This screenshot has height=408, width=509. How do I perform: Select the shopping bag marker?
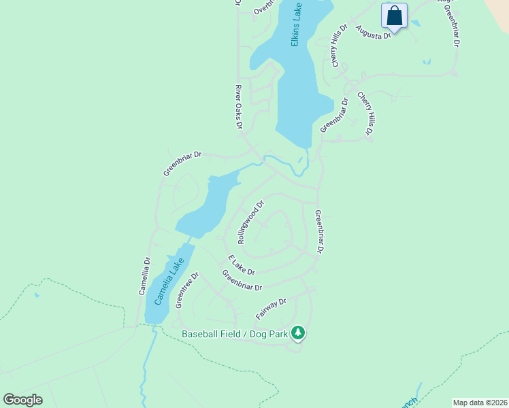394,16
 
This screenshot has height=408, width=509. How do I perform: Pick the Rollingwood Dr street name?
250,222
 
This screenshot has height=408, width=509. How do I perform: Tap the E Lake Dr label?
242,265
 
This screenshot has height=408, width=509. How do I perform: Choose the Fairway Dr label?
272,309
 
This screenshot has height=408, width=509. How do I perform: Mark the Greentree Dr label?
186,290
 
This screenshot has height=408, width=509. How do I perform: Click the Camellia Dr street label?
144,275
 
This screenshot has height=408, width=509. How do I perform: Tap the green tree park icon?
297,333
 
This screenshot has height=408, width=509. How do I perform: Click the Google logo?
22,399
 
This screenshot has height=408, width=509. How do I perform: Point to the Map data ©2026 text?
479,403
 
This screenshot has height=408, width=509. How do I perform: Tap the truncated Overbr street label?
263,7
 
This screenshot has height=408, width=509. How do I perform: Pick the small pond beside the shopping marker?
415,23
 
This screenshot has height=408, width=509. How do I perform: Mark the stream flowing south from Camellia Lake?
144,367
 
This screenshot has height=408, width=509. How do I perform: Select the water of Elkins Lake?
296,88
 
